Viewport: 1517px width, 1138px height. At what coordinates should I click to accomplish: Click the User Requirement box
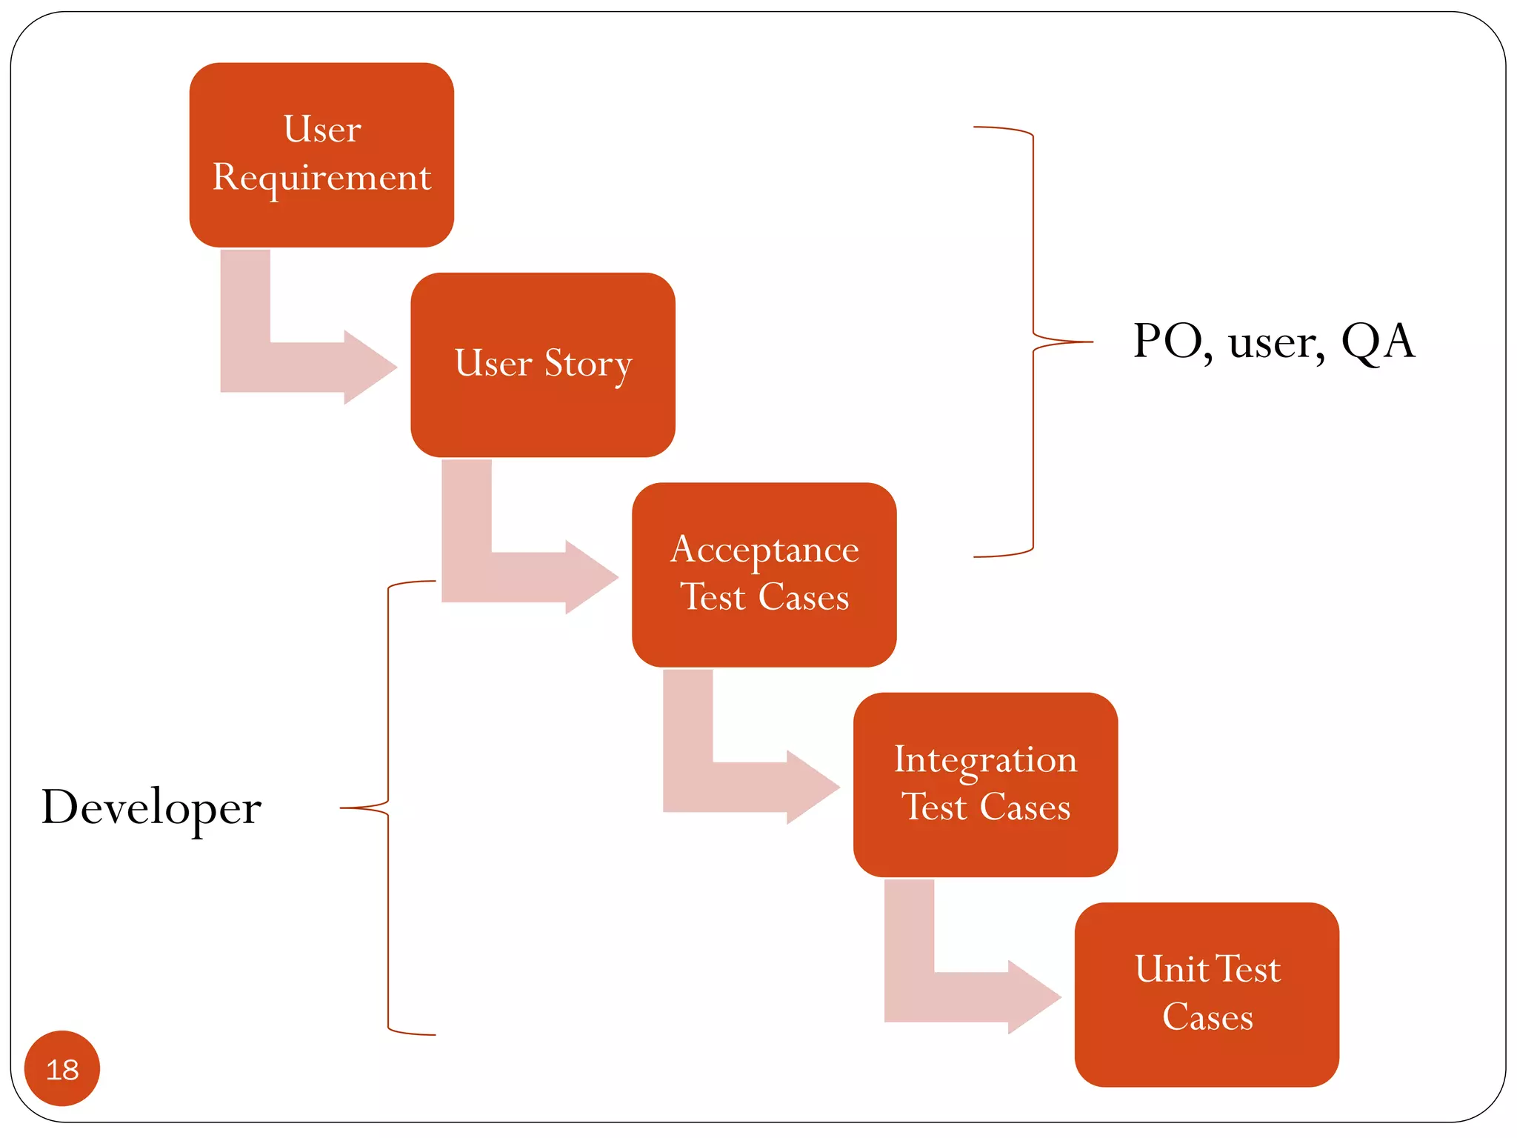[x=321, y=155]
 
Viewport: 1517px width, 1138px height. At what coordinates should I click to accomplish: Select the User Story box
[x=542, y=365]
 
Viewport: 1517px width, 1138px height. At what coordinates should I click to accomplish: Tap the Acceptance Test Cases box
[x=764, y=574]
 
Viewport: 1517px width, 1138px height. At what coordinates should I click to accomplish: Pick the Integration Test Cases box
[x=985, y=784]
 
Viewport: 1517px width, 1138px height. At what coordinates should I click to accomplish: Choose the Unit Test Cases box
[x=1207, y=994]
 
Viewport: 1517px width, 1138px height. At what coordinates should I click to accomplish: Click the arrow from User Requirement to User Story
[x=296, y=367]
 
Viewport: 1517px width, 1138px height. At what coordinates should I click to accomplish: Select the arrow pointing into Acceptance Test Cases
[x=519, y=576]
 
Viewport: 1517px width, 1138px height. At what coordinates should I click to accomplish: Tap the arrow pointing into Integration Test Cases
[x=741, y=787]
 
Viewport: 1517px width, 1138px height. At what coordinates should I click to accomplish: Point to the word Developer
[x=152, y=808]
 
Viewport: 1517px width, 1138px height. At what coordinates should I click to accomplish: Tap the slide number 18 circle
[x=62, y=1068]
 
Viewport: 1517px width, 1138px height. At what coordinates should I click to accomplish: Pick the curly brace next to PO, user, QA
[x=1033, y=342]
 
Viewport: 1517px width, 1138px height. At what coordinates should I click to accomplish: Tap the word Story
[x=588, y=365]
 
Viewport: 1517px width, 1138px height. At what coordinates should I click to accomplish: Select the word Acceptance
[x=764, y=550]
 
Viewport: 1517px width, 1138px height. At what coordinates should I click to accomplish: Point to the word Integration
[x=985, y=761]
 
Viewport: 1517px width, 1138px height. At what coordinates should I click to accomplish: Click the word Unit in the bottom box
[x=1170, y=970]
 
